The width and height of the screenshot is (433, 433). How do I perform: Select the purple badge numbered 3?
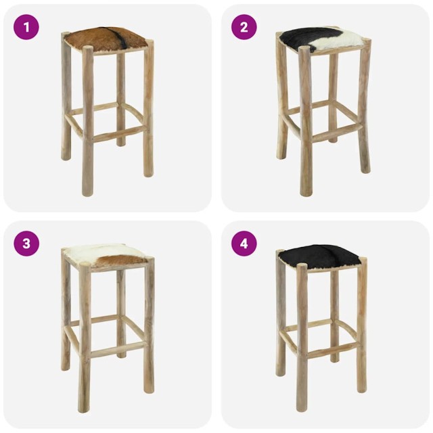coord(26,244)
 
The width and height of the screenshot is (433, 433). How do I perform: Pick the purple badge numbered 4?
coord(244,244)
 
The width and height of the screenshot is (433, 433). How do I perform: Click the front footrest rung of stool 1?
coord(118,133)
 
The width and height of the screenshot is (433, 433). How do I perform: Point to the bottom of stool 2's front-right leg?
coord(365,169)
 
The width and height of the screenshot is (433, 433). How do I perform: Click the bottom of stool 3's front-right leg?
coord(148,389)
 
